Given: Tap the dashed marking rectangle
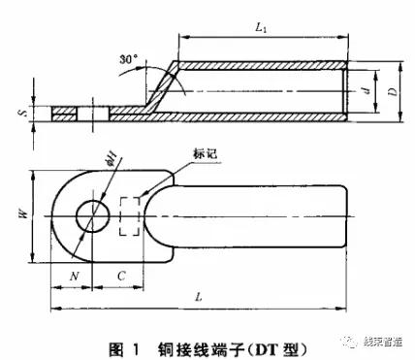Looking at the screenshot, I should click(x=129, y=216).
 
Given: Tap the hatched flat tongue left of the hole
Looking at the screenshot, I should click(x=62, y=115).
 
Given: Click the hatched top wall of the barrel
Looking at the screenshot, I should click(x=262, y=66).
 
